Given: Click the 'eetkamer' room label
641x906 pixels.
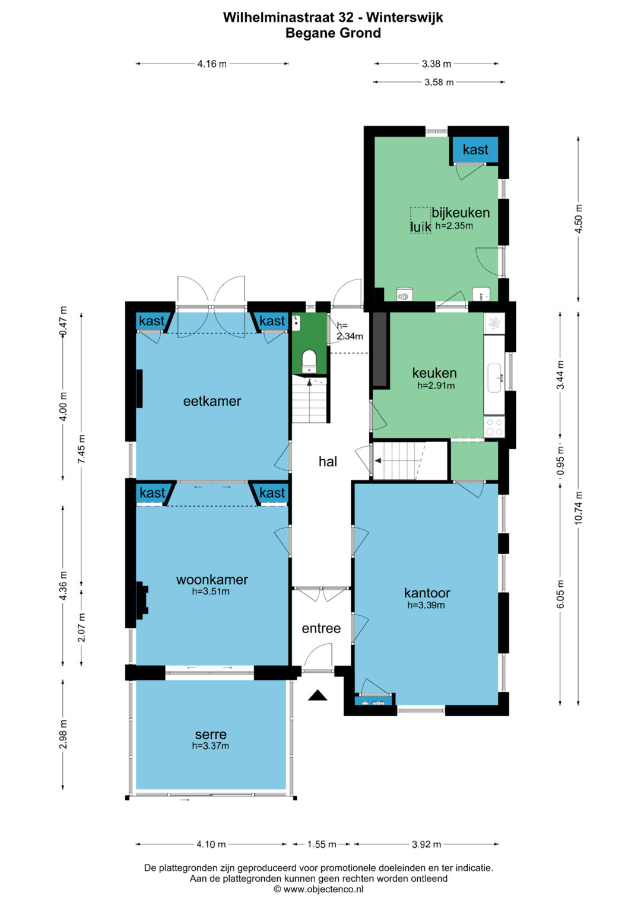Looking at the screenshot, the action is pos(212,401).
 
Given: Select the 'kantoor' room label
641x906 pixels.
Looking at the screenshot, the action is pos(427,593).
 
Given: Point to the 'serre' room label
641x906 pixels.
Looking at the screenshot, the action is pos(211,734).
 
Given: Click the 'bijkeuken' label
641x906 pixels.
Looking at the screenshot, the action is pos(461,213).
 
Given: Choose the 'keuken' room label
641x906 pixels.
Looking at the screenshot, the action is pos(434,373).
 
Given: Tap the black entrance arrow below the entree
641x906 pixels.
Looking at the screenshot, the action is pos(318,695).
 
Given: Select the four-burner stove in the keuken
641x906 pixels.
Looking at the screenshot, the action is pos(494,427).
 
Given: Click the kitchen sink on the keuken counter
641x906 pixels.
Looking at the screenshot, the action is pos(494,378).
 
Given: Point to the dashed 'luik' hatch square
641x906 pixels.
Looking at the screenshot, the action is pos(420,221).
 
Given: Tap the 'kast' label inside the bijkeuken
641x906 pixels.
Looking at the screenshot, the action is pos(475,150).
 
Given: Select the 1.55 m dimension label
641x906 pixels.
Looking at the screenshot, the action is pos(322,844).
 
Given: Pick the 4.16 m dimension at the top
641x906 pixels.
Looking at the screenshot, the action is pos(212,63).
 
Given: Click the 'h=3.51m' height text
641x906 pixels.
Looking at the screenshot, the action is pos(211,592).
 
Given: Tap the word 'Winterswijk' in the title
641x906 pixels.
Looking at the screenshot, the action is pos(405,17).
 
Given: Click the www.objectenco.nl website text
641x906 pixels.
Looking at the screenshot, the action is pos(323,889).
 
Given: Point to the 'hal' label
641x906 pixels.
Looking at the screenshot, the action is pos(328,462).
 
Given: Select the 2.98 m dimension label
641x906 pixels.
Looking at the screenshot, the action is pos(63,734).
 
